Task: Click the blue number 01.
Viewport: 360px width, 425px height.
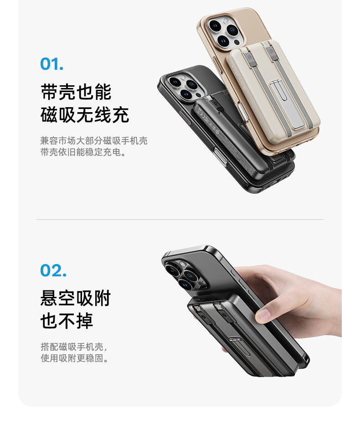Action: (x=52, y=64)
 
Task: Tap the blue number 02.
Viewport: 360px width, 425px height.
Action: (x=53, y=270)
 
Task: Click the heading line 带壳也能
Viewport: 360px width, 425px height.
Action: (x=76, y=92)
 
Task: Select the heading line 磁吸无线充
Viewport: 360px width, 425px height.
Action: (x=85, y=115)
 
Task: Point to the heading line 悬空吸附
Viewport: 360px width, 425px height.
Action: (x=76, y=298)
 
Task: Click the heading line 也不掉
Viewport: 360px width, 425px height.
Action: (x=67, y=321)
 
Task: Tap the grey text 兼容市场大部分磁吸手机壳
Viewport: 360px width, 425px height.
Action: (x=94, y=140)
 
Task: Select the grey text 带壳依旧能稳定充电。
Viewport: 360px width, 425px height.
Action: (x=83, y=152)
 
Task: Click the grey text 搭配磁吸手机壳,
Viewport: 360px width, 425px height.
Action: (x=74, y=347)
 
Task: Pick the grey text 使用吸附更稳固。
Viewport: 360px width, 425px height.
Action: (x=74, y=358)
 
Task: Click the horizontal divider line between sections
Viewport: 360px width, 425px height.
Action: (x=180, y=219)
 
